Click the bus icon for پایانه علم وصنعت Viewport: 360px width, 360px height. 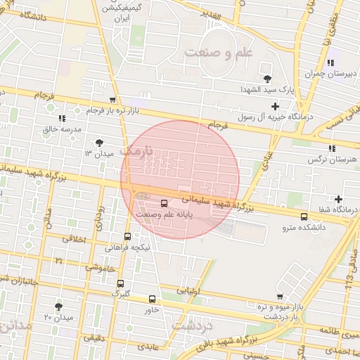point(165,204)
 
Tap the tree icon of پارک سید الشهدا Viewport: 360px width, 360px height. point(266,78)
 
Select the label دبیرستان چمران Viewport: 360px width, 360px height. point(324,74)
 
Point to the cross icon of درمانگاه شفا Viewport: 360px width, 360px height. point(339,200)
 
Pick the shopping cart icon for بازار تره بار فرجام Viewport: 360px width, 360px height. point(112,100)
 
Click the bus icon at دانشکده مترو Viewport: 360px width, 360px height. point(304,217)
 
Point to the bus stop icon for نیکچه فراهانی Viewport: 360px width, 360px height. point(127,237)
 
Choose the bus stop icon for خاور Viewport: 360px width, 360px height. point(153,299)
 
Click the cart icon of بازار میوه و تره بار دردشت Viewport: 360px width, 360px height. point(281,296)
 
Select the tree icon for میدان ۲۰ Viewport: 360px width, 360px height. point(58,307)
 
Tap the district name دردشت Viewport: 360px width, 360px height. point(191,327)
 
